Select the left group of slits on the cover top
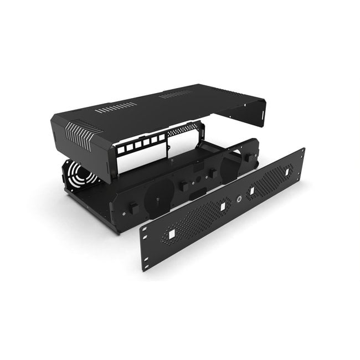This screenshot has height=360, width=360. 116,107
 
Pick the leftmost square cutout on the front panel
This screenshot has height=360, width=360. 171,235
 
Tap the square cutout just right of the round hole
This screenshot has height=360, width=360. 253,192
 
